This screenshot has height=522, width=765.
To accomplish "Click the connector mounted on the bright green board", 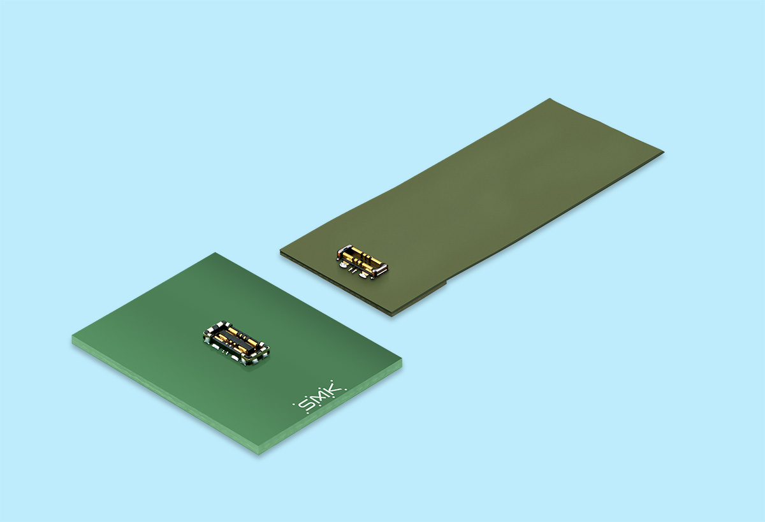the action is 236,342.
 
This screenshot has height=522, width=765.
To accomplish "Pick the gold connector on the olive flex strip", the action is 362,262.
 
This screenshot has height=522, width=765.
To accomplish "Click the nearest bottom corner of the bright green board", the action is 259,454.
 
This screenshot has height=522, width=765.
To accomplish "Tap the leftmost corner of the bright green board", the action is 72,337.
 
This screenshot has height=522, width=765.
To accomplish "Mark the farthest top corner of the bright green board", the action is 215,253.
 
